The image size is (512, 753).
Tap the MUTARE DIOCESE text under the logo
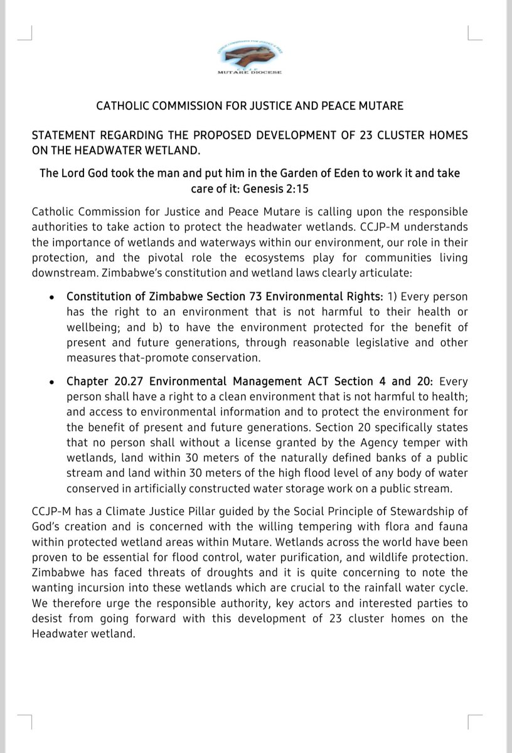pos(250,72)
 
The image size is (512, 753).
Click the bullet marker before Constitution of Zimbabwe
pos(51,296)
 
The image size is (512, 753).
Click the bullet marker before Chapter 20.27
pos(51,382)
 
